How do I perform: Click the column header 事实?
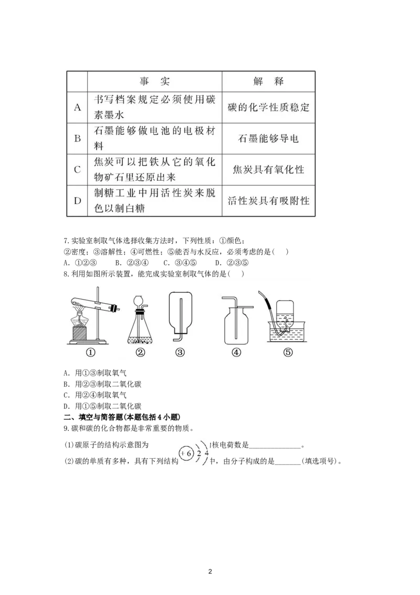[155, 81]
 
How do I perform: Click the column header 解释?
[268, 81]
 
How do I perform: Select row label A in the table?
[77, 108]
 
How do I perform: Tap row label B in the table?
[77, 139]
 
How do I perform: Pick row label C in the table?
[77, 169]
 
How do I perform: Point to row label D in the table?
[77, 200]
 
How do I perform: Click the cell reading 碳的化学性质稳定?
[268, 108]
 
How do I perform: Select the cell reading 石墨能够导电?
[268, 139]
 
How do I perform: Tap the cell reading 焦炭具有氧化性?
[268, 170]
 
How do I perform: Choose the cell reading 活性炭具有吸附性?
[268, 201]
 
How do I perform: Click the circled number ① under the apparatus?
[90, 353]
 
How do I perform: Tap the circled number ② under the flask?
[140, 353]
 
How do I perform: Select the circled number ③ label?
[180, 353]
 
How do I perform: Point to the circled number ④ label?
[236, 353]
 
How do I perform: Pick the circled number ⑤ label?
[287, 353]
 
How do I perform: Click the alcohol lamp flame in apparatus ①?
[80, 316]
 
